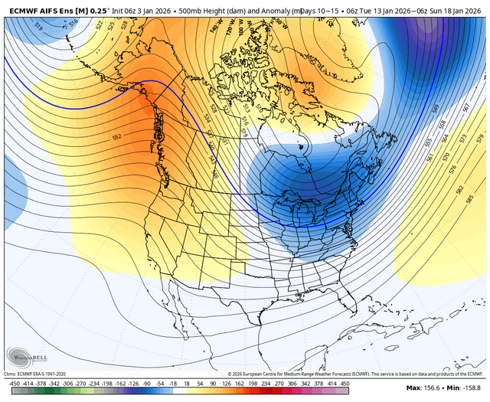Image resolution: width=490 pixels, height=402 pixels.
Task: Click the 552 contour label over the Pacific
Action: tap(117, 136)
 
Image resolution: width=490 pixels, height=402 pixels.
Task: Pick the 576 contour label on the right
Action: tap(453, 167)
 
